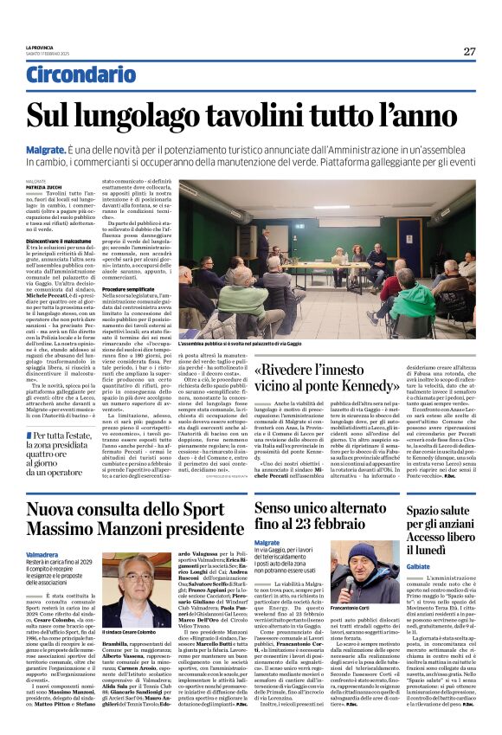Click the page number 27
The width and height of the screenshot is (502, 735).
point(469,51)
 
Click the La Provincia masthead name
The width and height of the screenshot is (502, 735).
point(38,47)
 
